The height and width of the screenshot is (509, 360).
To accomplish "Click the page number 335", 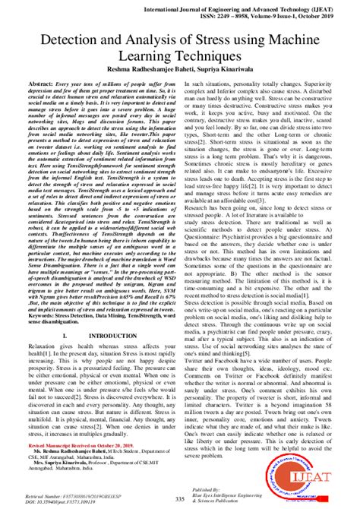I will (x=180, y=498).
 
